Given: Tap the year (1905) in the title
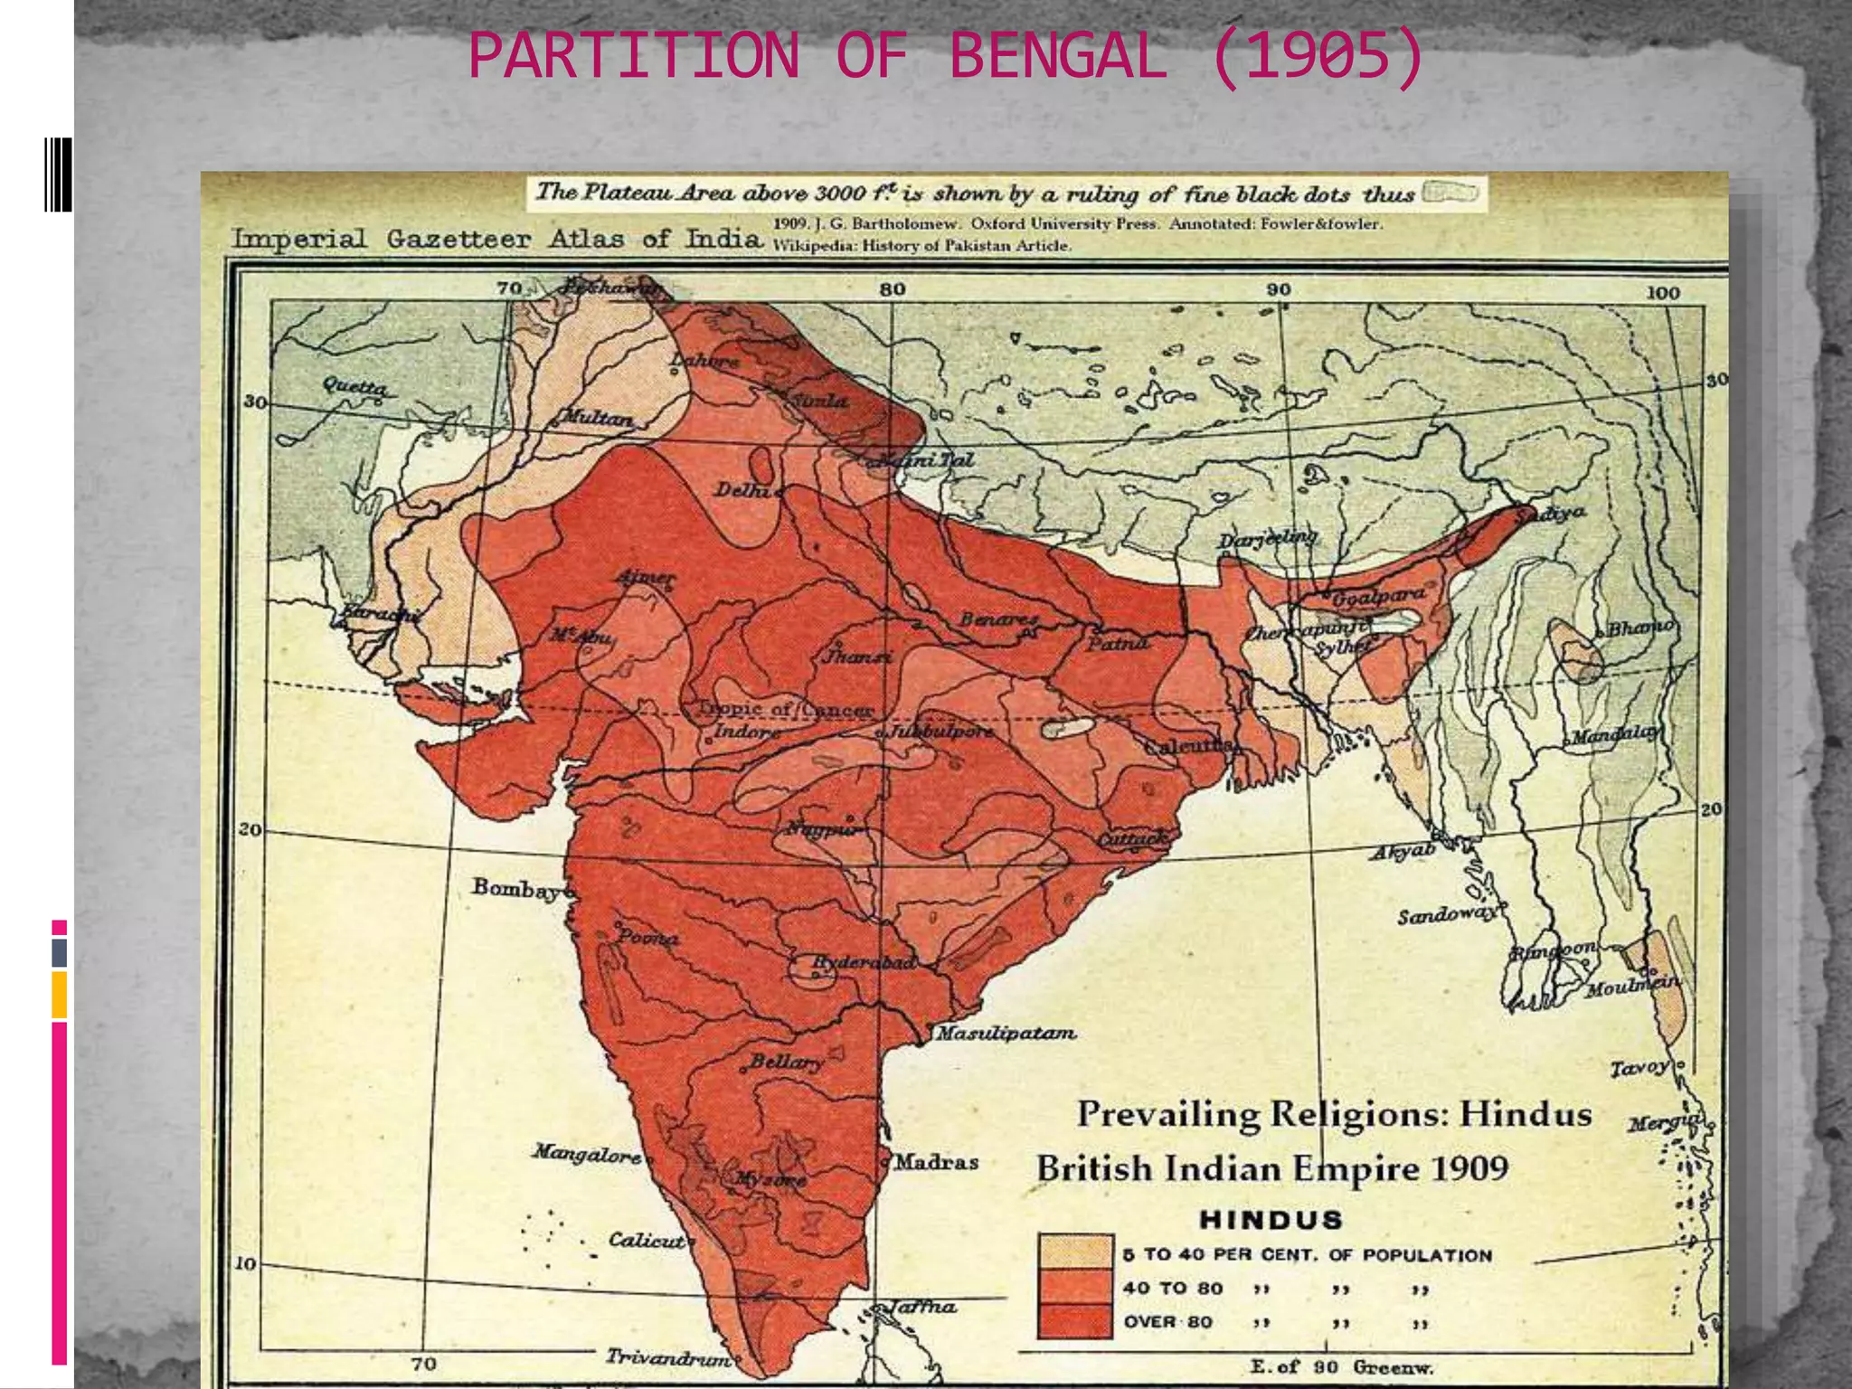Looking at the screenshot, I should (x=1318, y=56).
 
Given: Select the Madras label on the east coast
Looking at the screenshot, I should (x=937, y=1161).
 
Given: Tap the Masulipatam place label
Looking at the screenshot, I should (x=1006, y=1032).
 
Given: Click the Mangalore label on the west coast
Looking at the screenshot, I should (x=587, y=1153).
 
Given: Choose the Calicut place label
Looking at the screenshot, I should (x=646, y=1240).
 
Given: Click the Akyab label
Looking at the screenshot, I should (x=1403, y=853).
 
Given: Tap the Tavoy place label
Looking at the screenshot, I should (x=1639, y=1068).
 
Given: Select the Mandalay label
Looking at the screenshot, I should (x=1615, y=735).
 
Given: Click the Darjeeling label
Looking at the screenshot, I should (x=1268, y=540).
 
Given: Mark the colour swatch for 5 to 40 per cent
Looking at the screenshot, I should (x=1074, y=1252).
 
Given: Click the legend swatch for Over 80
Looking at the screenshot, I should (x=1074, y=1321).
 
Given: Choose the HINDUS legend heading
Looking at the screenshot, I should (x=1271, y=1220).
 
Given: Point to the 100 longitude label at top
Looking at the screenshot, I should (x=1662, y=292).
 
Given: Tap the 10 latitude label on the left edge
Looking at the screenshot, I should (x=246, y=1263).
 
